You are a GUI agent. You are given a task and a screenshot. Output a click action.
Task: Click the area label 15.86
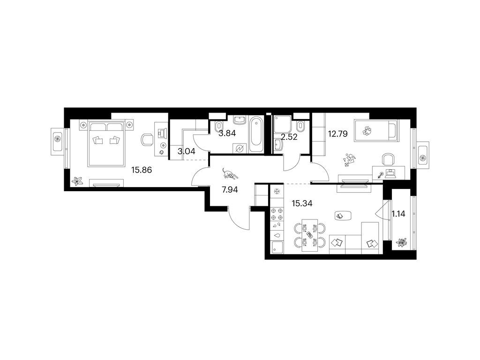click(x=142, y=170)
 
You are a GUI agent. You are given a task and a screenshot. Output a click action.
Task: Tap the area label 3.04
click(x=186, y=151)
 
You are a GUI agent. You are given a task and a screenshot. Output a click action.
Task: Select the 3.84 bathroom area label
click(x=227, y=133)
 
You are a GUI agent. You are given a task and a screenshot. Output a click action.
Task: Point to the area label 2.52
click(x=289, y=137)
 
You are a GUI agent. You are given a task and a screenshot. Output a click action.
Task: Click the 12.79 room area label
click(x=337, y=134)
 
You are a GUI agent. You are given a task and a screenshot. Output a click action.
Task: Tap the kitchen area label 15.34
click(x=302, y=203)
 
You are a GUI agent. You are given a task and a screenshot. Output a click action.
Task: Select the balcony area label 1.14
click(x=398, y=214)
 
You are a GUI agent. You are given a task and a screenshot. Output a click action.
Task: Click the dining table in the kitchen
click(x=310, y=235)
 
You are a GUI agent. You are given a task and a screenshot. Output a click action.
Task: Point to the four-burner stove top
click(x=277, y=214)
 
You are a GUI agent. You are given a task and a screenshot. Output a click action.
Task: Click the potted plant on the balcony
click(x=401, y=243)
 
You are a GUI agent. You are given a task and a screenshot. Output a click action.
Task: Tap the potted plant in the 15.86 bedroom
click(x=77, y=181)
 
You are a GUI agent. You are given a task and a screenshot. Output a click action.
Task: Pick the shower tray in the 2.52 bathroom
click(x=282, y=124)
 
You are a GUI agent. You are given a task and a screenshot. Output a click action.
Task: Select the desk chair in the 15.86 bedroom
click(x=147, y=140)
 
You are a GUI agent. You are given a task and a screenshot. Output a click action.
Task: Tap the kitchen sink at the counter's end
click(x=277, y=247)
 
